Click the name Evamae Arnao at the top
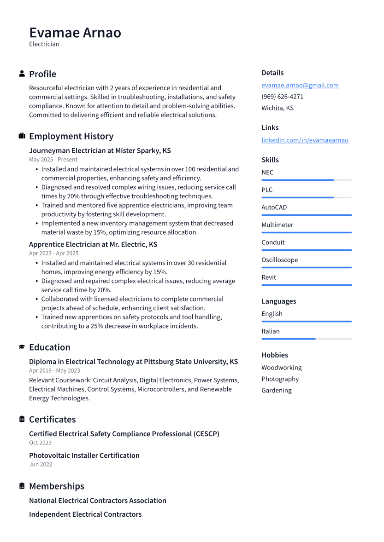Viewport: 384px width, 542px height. pos(75,33)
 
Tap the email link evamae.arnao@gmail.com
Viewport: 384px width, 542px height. pos(300,85)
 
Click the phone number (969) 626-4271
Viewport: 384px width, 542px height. pos(282,97)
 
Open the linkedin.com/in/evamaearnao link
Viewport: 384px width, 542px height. pos(305,140)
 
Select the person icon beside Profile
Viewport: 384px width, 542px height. pos(22,74)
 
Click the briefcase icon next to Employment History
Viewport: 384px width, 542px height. pos(22,136)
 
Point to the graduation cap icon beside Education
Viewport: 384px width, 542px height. pos(22,347)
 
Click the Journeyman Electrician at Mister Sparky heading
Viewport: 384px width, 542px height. pos(100,150)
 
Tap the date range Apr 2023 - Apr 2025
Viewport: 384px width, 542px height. pos(53,253)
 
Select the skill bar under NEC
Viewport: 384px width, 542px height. pos(306,180)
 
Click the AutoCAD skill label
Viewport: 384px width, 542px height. pos(274,208)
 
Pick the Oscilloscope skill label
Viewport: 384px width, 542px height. pos(279,260)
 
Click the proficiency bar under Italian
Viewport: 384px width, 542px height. pos(306,339)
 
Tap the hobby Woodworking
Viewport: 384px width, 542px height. pos(281,368)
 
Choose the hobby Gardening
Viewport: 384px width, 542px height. pos(276,390)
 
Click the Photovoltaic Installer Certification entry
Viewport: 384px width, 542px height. pos(84,456)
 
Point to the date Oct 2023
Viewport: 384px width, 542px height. pos(40,443)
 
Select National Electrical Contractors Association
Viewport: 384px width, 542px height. pos(97,501)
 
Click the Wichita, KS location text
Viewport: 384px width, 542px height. pos(277,108)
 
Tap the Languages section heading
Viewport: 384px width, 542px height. pos(278,301)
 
